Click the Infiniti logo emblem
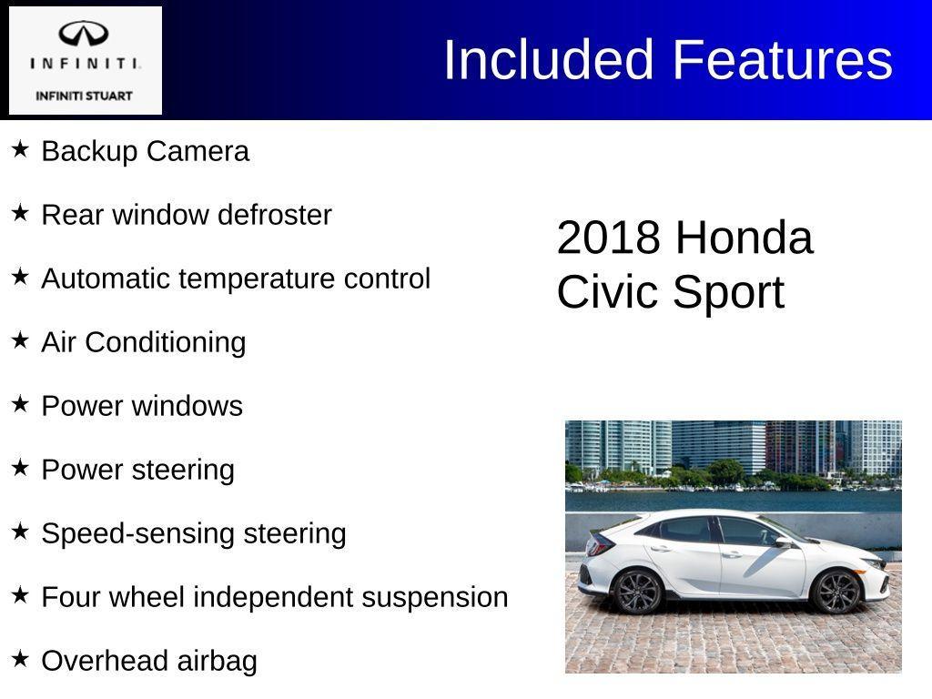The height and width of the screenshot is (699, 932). point(84,34)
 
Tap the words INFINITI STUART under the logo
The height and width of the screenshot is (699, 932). point(84,96)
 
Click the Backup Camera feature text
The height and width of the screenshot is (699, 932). point(145,151)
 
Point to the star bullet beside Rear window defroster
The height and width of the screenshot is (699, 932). point(20,213)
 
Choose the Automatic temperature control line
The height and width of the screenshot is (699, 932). point(236,279)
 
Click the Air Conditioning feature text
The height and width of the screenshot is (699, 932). point(144,342)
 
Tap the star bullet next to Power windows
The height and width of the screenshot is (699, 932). point(20,404)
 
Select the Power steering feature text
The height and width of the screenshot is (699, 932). point(137,470)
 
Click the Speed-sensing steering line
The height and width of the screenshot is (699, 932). point(194,533)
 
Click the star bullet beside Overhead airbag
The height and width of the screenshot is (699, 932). point(20,659)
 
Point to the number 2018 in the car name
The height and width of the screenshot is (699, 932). point(608,238)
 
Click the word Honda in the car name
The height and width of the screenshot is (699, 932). point(744,238)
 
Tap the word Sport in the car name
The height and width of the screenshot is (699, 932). point(728,293)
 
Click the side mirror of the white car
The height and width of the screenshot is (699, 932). point(783,542)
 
